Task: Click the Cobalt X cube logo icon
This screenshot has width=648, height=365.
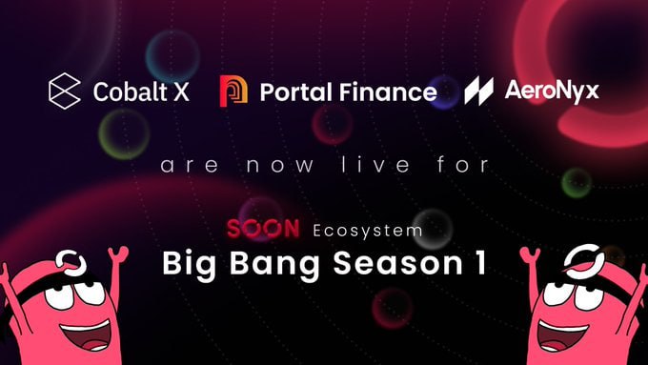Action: point(65,91)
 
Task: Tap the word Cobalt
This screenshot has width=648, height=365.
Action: point(131,91)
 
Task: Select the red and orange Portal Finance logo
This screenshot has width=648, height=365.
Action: point(233,91)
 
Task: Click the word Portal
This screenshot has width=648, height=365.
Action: point(296,91)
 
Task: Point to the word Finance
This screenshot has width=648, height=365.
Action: point(388,91)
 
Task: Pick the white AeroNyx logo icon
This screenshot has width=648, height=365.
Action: point(478,91)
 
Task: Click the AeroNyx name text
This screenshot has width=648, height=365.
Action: point(552,91)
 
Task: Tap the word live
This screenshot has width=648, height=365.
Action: point(375,164)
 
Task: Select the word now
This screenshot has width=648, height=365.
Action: point(280,165)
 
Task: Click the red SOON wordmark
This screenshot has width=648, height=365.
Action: point(263,229)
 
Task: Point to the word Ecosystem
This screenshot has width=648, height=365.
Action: point(368,231)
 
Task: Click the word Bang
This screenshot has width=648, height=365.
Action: point(274,265)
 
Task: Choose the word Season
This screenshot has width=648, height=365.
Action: point(397,263)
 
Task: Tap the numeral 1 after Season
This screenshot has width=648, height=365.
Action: point(480,262)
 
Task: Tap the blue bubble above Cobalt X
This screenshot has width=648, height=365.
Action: point(172,56)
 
